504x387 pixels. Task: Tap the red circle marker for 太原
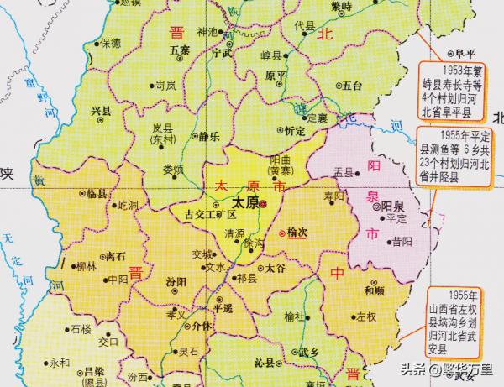click(262, 203)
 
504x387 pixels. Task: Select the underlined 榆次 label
click(297, 233)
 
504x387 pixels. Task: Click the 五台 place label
click(350, 85)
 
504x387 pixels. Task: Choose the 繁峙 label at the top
click(342, 5)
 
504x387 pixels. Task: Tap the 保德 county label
click(111, 42)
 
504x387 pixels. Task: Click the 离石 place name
click(113, 255)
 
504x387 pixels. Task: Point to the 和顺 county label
click(375, 290)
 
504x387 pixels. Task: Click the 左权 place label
click(366, 317)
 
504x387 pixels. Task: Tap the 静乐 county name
click(208, 136)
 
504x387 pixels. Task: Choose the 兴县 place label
click(101, 110)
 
